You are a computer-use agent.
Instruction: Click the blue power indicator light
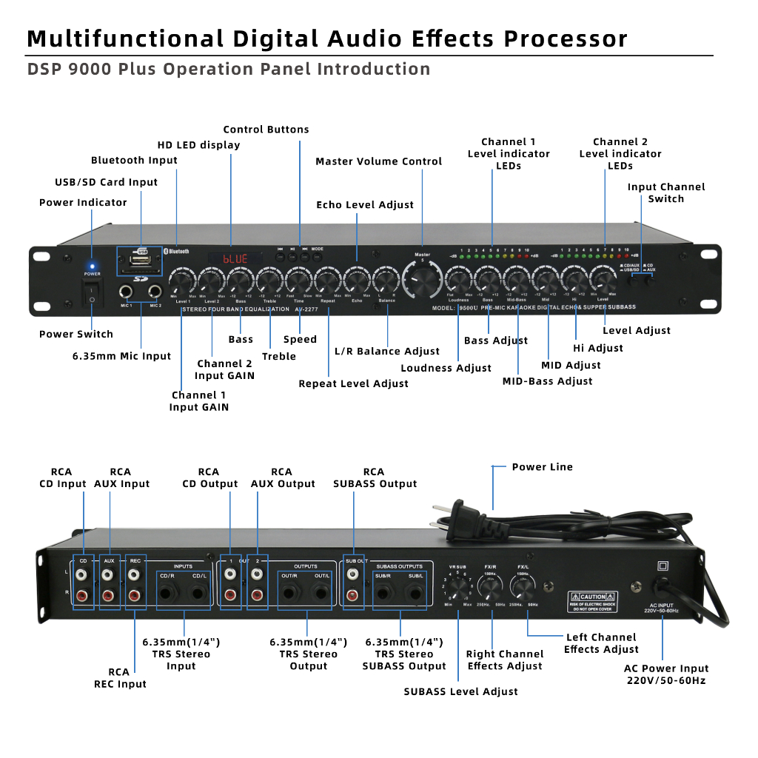(x=92, y=265)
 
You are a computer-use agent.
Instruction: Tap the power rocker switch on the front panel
(x=92, y=295)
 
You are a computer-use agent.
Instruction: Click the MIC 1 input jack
(x=127, y=292)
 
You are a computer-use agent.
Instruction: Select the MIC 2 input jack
(x=155, y=292)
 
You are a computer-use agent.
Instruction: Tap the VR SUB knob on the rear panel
(x=458, y=589)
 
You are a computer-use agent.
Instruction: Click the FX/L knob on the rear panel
(x=523, y=588)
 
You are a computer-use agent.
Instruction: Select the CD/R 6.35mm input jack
(x=167, y=592)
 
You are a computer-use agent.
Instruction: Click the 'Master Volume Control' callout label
(x=378, y=161)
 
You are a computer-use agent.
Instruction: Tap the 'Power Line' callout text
(x=542, y=467)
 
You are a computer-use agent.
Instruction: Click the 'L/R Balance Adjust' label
(x=387, y=351)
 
